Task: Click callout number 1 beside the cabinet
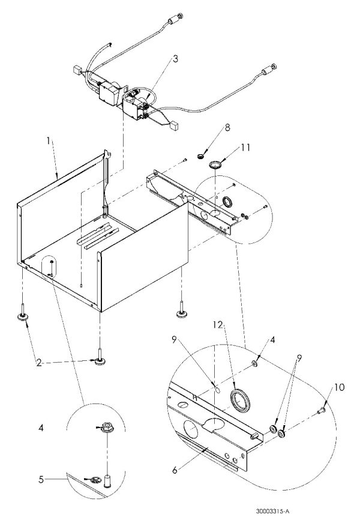[49, 141]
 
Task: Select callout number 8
[227, 127]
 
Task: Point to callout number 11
[245, 147]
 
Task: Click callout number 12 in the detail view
[218, 324]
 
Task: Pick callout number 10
[339, 387]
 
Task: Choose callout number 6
[175, 470]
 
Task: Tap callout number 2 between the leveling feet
[39, 363]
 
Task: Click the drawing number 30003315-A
[272, 510]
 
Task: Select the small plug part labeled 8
[200, 156]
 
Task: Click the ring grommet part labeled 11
[215, 165]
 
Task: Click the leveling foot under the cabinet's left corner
[23, 313]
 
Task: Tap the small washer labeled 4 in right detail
[254, 363]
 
